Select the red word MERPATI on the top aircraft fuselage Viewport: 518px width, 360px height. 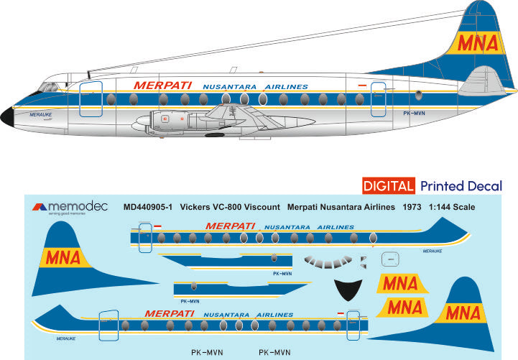click(162, 85)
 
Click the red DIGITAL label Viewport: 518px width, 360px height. click(387, 186)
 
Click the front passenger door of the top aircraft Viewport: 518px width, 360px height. click(90, 99)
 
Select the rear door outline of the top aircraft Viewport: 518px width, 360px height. click(378, 99)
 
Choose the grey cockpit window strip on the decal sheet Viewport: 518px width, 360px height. click(329, 261)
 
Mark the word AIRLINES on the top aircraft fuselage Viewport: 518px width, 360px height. click(285, 87)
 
